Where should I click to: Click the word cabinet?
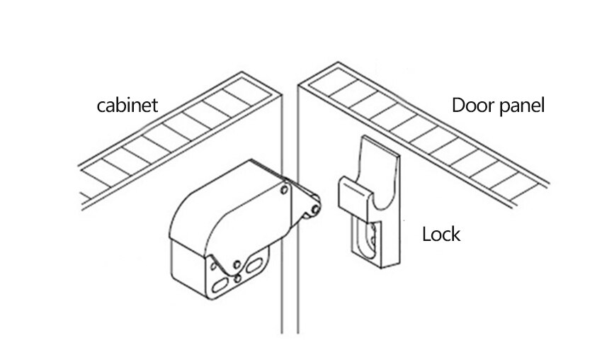[x=127, y=106]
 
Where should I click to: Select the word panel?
[x=523, y=107]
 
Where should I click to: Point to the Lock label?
[x=441, y=233]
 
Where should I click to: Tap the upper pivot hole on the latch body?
[x=284, y=190]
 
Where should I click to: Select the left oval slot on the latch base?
[x=218, y=284]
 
